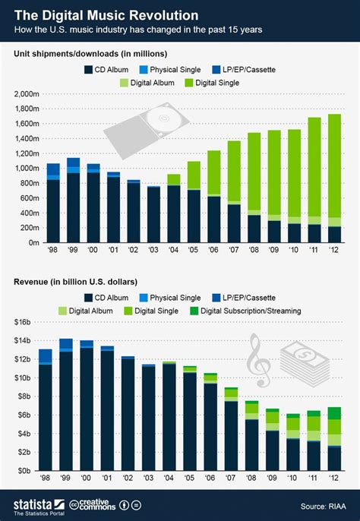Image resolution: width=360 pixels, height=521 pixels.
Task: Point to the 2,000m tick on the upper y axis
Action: pyautogui.click(x=27, y=93)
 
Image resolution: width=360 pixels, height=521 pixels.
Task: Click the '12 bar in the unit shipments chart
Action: pyautogui.click(x=333, y=178)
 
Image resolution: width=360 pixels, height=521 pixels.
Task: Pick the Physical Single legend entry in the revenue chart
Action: pyautogui.click(x=180, y=296)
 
